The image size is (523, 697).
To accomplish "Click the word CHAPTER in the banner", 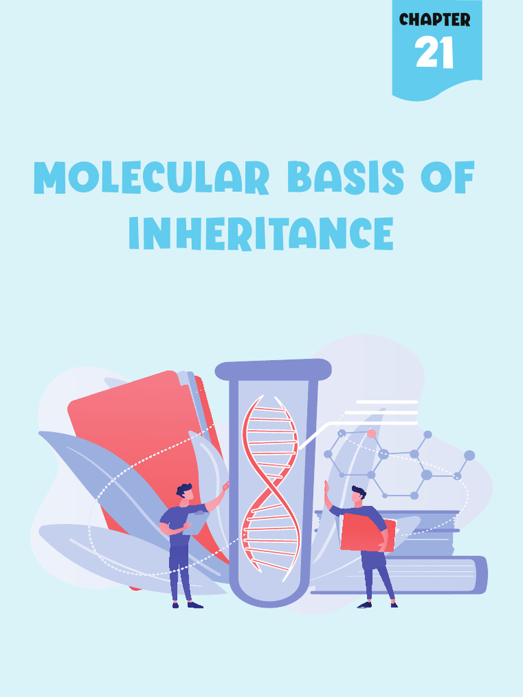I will (x=434, y=20).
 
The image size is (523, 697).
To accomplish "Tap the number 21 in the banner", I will (x=434, y=54).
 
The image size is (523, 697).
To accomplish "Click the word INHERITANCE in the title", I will (x=261, y=233).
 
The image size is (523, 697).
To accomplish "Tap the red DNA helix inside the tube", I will (x=270, y=483).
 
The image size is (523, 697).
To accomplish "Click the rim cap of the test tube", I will (x=273, y=370).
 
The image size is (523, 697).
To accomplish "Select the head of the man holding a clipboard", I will (x=185, y=491).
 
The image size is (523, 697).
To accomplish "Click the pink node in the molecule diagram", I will (x=371, y=433).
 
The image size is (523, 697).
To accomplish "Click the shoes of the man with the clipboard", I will (x=186, y=604).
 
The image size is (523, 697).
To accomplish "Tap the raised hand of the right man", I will (x=326, y=486).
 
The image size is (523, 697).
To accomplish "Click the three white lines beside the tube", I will (x=381, y=412).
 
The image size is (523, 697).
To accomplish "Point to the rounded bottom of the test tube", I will (x=272, y=592).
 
